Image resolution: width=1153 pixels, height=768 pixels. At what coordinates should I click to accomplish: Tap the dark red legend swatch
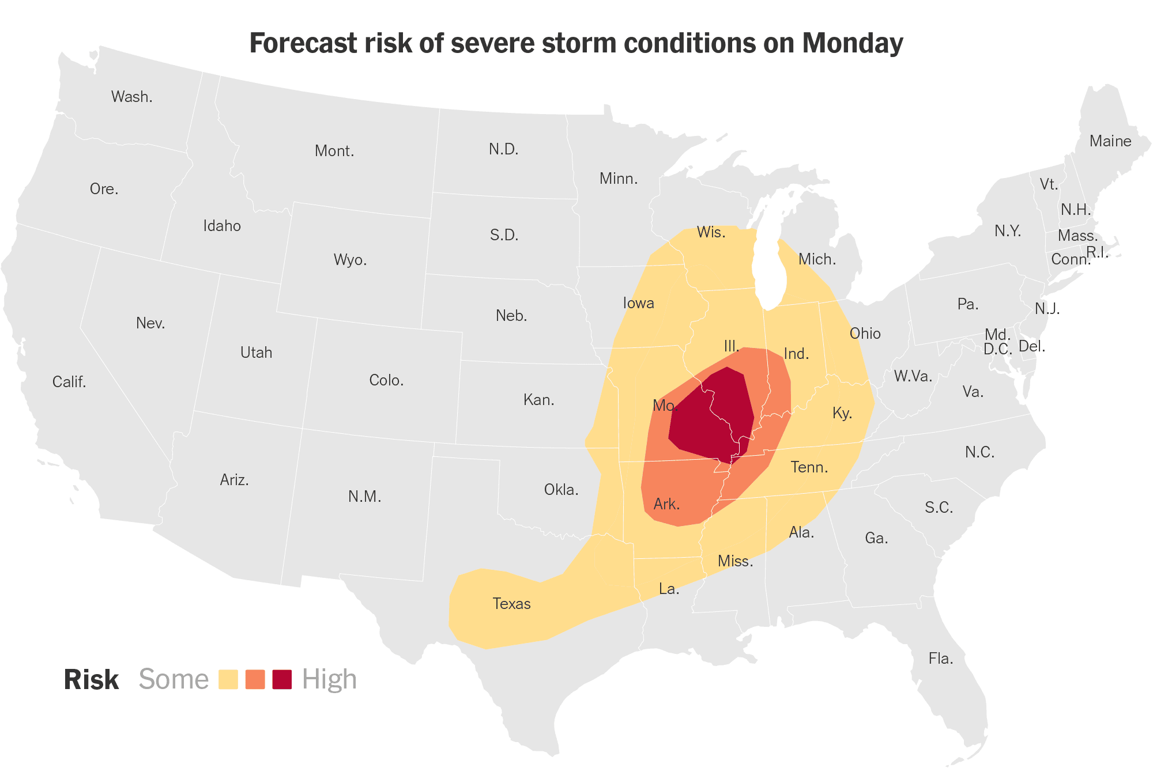pos(282,679)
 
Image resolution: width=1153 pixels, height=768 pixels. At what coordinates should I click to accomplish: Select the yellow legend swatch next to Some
pos(228,679)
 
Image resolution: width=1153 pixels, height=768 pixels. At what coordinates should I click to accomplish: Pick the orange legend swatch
pos(255,679)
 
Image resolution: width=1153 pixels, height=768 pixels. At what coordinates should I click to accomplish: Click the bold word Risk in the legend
pos(91,680)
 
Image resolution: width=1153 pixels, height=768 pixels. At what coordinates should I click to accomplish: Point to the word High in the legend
pos(329,679)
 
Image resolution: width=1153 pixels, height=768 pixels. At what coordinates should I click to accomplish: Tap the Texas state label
pos(511,604)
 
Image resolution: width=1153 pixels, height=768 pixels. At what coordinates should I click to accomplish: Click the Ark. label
pos(666,505)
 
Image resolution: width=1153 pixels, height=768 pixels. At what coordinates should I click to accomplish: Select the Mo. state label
pos(664,406)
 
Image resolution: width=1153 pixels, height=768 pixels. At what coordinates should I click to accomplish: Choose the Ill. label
pos(731,346)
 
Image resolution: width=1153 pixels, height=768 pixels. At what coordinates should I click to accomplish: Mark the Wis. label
pos(711,232)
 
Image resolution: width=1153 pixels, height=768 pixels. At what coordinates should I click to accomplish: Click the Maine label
pos(1110,141)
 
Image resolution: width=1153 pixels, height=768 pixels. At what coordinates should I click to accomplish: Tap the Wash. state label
pos(131,97)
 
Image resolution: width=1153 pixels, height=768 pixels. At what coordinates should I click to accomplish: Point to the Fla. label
pos(940,659)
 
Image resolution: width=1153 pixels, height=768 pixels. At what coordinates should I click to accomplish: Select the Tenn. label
pos(809,467)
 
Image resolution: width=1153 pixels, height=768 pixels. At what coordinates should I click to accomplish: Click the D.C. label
pos(997,349)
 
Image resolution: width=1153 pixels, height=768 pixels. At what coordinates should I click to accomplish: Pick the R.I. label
pos(1097,252)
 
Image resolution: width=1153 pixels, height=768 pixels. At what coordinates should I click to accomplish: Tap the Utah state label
pos(256,353)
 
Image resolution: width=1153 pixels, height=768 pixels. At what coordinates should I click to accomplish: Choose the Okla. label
pos(561,490)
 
